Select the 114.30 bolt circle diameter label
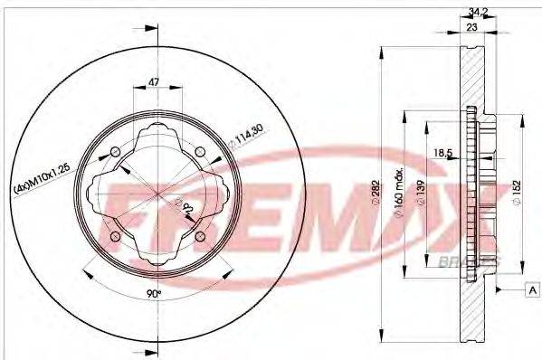(x=251, y=140)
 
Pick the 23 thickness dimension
(x=471, y=28)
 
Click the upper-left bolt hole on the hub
(x=114, y=152)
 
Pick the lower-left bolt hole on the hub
(x=114, y=237)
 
